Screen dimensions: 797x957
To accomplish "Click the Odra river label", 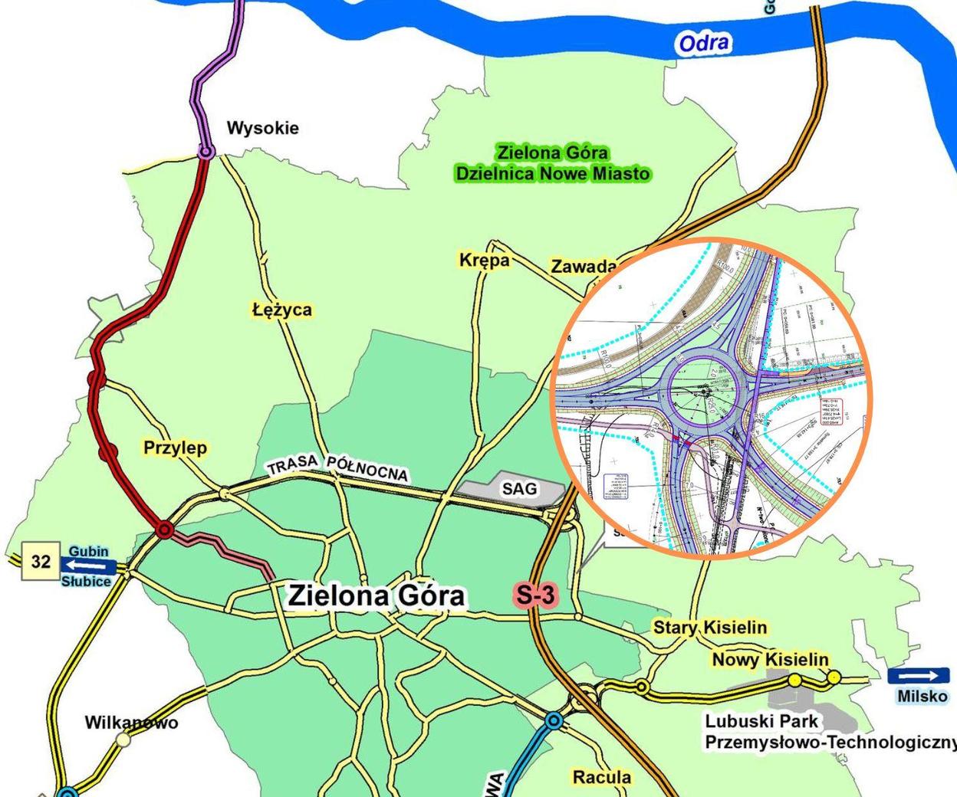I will [703, 43].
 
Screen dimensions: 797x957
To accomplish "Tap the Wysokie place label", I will [262, 128].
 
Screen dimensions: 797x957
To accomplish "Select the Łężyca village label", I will [281, 310].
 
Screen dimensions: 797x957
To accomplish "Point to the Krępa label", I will [485, 261].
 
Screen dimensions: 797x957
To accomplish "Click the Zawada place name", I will [584, 267].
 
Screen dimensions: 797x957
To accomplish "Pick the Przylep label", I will [175, 448].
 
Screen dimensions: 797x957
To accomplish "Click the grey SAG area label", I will [519, 488].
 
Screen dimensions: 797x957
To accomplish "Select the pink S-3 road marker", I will [534, 595].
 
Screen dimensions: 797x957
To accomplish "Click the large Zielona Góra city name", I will [376, 595].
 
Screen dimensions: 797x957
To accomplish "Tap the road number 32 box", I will [41, 562].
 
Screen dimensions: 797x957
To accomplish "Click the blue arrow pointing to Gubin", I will [88, 566].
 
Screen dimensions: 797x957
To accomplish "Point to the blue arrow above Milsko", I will [918, 676].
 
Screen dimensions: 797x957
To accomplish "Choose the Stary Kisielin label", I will [709, 628].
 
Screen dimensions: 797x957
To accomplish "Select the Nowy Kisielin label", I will [770, 660].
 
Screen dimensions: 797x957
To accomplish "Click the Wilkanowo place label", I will [131, 723].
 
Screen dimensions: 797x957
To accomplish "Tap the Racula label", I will [602, 777].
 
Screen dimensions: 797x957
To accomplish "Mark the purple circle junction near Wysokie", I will [206, 152].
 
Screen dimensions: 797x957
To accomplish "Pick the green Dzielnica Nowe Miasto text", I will [552, 174].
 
